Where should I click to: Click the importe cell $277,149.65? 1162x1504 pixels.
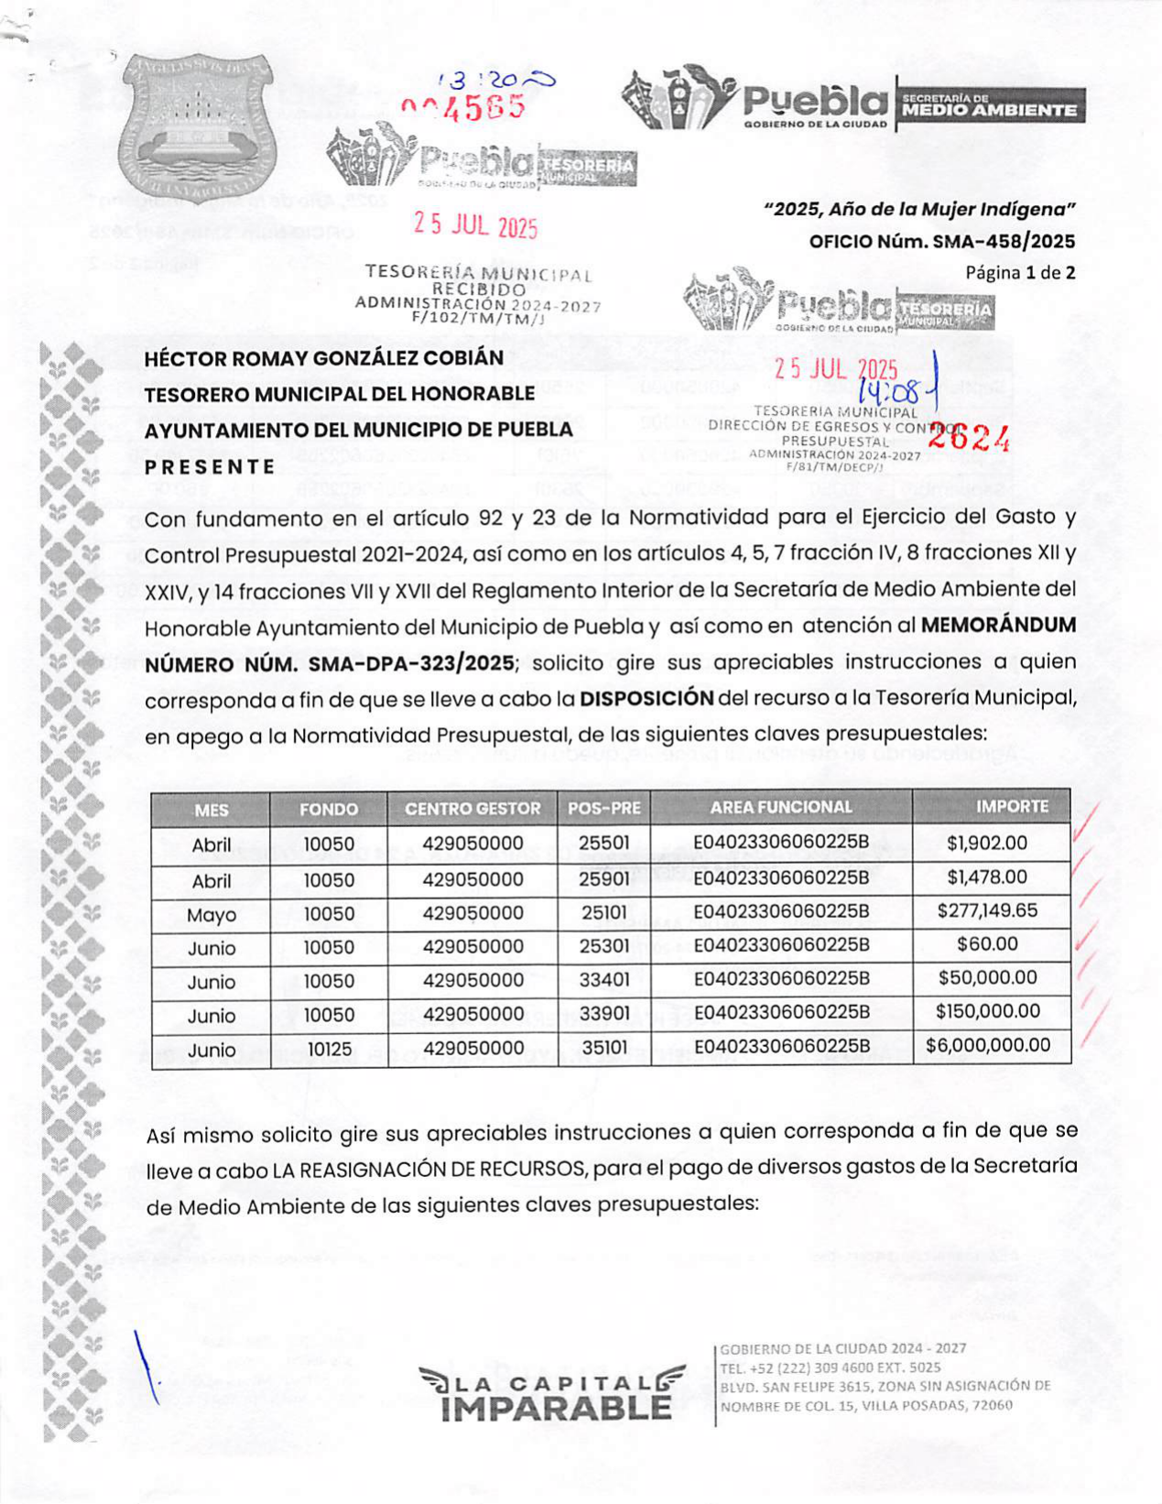[987, 910]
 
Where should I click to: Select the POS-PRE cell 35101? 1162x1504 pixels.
[603, 1048]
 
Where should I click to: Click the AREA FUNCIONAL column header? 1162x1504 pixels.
[780, 807]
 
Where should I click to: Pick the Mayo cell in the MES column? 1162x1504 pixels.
[212, 915]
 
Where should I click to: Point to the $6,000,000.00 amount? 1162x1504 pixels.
[988, 1045]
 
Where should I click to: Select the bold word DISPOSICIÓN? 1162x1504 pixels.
[646, 698]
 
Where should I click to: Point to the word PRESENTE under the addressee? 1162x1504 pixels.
[210, 466]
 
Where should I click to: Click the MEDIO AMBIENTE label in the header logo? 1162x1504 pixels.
[989, 110]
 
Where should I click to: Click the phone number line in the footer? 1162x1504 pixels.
[830, 1368]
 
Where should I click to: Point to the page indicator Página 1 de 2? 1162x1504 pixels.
[1020, 272]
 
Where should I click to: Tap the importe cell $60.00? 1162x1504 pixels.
[987, 944]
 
